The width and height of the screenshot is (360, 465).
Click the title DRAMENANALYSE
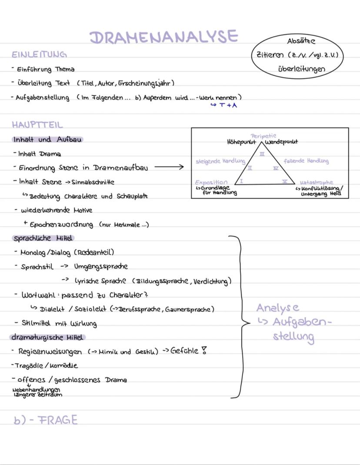pyautogui.click(x=163, y=37)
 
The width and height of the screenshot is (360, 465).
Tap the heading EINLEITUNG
pyautogui.click(x=39, y=55)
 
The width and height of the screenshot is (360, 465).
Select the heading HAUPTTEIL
pyautogui.click(x=37, y=125)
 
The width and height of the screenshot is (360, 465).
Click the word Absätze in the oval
pyautogui.click(x=301, y=41)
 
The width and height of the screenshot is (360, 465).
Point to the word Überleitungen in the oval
pyautogui.click(x=301, y=69)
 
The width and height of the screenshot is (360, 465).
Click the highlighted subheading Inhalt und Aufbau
pyautogui.click(x=47, y=140)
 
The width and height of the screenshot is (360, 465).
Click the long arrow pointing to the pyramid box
pyautogui.click(x=169, y=166)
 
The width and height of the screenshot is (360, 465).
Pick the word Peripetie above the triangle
pyautogui.click(x=263, y=136)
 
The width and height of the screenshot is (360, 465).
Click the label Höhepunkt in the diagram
pyautogui.click(x=241, y=142)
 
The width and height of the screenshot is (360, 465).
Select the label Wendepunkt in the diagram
pyautogui.click(x=282, y=142)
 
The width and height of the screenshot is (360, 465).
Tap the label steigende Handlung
pyautogui.click(x=220, y=161)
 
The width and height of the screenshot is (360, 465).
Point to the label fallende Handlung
pyautogui.click(x=306, y=161)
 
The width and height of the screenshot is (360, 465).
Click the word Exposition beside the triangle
pyautogui.click(x=211, y=182)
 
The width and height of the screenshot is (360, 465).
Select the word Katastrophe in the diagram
pyautogui.click(x=317, y=183)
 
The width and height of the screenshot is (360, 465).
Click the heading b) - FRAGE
pyautogui.click(x=46, y=420)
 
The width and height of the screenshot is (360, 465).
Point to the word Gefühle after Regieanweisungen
pyautogui.click(x=185, y=351)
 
